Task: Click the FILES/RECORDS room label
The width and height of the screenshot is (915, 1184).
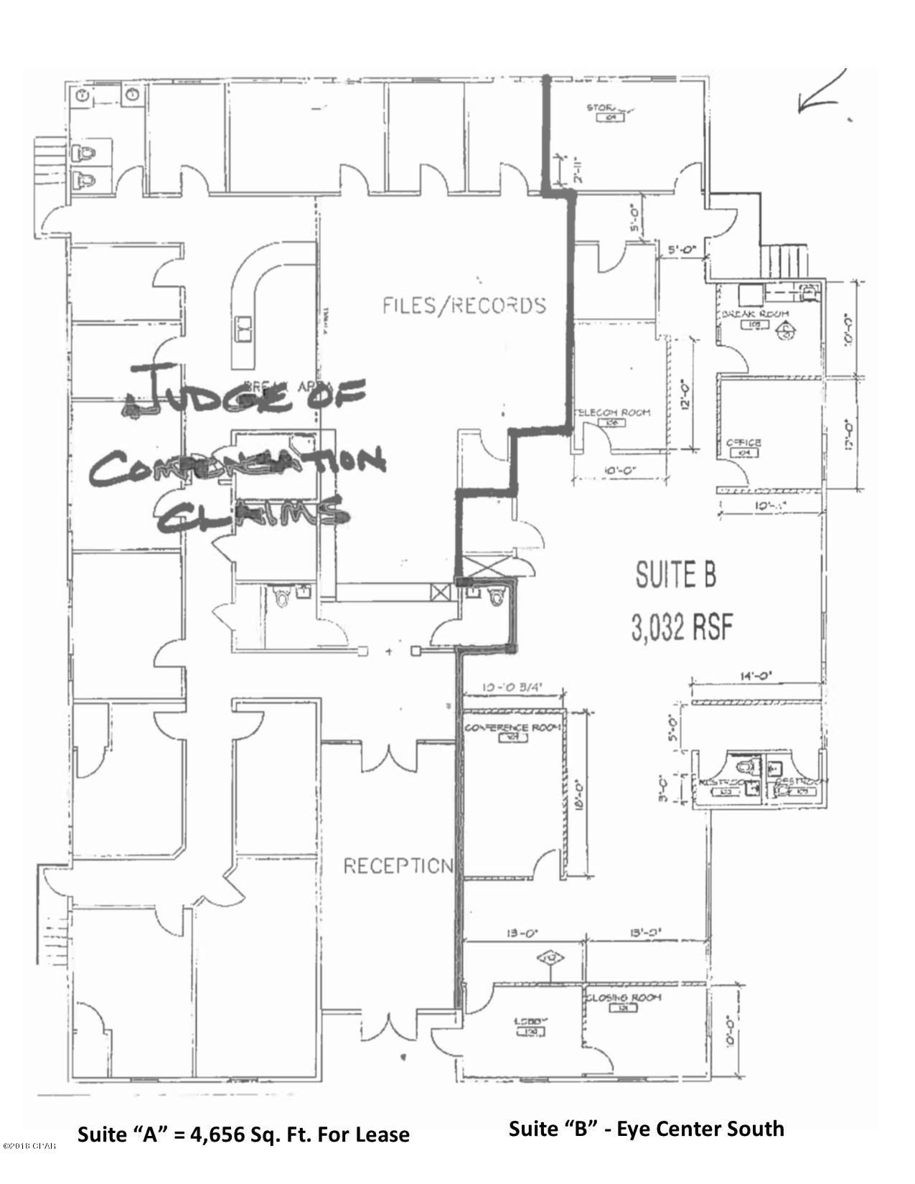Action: (464, 306)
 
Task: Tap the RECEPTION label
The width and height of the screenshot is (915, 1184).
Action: (398, 866)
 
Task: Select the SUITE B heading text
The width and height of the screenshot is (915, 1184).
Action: (675, 575)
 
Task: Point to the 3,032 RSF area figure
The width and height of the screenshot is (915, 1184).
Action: (682, 628)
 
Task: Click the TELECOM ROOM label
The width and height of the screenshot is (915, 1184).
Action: (614, 412)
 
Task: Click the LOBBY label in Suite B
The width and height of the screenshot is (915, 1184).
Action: (528, 1021)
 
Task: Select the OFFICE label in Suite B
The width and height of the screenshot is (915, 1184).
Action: (743, 443)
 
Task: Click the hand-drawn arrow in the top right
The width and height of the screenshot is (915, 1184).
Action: (822, 93)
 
